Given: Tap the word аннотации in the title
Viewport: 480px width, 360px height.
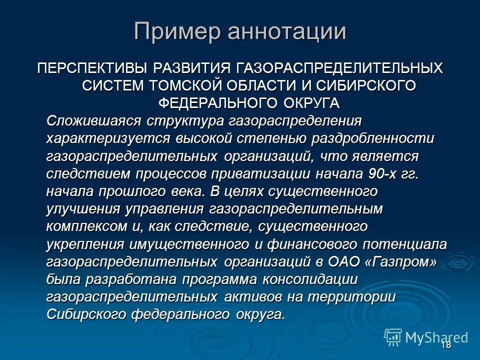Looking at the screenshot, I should click(x=286, y=31).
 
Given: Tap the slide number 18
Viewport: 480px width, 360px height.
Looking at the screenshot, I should click(x=446, y=345).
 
